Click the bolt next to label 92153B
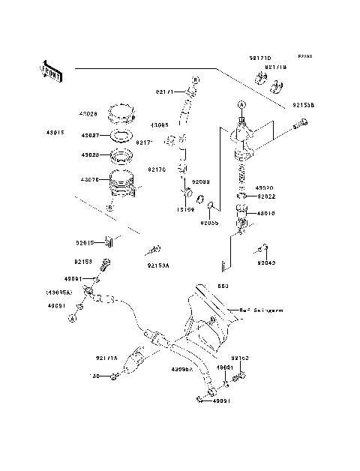click(x=301, y=124)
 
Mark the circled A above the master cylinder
click(x=241, y=104)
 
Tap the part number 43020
click(x=264, y=188)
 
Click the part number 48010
click(x=267, y=213)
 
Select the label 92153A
click(x=158, y=264)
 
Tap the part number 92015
click(x=85, y=242)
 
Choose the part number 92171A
click(x=106, y=358)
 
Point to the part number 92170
click(x=157, y=169)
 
